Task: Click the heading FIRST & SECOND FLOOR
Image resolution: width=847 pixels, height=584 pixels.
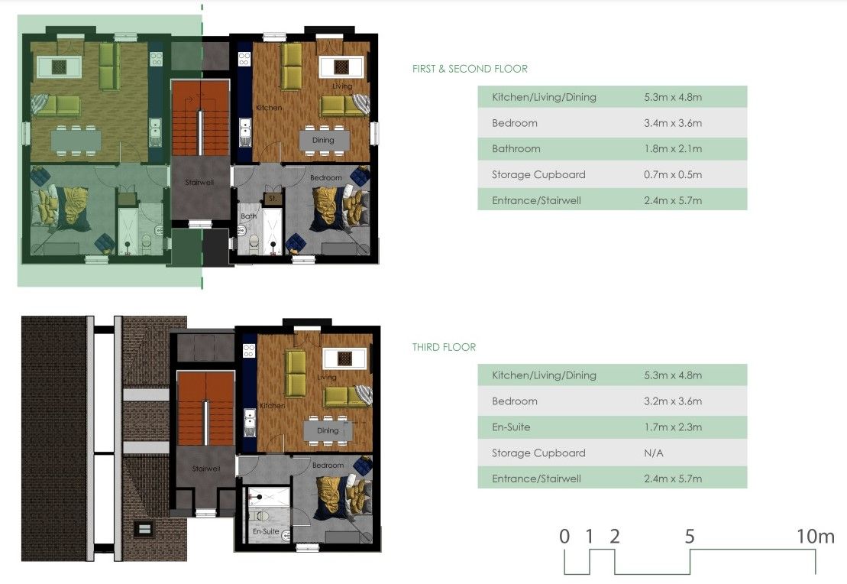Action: tap(470, 69)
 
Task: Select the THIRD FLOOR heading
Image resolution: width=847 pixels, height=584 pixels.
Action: tap(444, 347)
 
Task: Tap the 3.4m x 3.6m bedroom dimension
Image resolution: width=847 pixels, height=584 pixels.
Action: tap(673, 123)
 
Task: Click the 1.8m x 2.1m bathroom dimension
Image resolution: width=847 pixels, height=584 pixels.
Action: tap(673, 149)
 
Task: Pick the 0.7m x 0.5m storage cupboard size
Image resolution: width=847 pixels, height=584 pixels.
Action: tap(673, 174)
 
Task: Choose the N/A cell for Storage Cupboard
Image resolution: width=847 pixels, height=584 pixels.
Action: tap(654, 453)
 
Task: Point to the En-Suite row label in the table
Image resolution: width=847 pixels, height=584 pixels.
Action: tap(511, 427)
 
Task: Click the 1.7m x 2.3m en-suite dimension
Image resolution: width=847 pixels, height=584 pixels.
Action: tap(673, 427)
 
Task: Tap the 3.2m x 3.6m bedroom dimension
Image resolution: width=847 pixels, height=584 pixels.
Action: tap(673, 401)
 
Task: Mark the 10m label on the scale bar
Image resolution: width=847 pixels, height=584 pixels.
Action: tap(816, 537)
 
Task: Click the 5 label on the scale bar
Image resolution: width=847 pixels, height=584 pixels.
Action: tap(690, 537)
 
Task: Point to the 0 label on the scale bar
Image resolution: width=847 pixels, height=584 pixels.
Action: tap(564, 537)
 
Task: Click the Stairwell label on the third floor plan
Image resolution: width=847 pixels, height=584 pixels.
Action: tap(205, 469)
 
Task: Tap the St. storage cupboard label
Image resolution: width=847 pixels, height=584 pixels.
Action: tap(273, 199)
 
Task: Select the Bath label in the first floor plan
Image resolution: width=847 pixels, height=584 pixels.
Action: tap(248, 216)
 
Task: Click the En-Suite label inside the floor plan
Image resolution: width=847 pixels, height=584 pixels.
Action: tap(266, 531)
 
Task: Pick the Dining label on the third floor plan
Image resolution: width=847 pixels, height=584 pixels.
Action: tap(328, 431)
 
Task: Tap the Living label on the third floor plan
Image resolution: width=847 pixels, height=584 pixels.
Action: tap(327, 378)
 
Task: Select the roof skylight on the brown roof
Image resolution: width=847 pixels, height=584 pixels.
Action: tap(144, 528)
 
